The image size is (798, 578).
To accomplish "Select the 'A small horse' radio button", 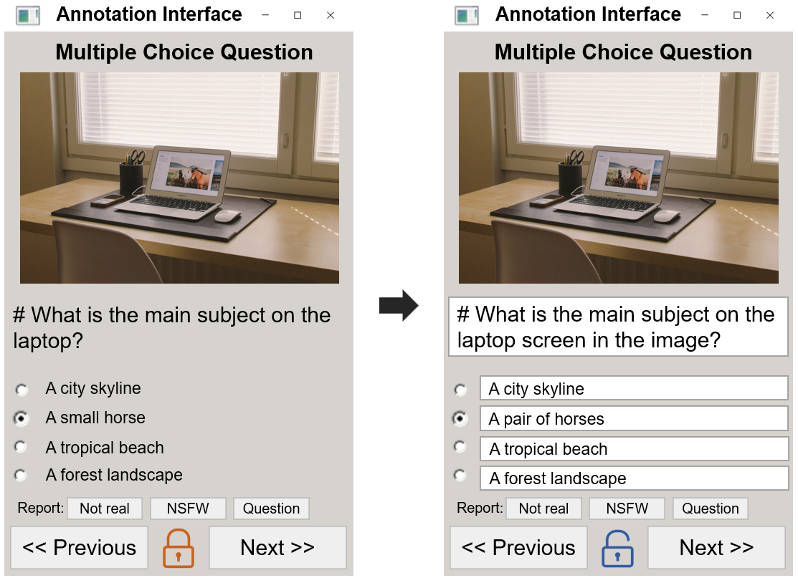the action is (21, 418).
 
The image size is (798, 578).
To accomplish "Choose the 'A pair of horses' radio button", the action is (460, 418).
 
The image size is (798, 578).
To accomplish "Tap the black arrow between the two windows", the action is (399, 306).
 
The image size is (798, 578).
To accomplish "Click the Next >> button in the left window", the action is (277, 547).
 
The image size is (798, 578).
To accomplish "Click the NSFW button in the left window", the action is (188, 509).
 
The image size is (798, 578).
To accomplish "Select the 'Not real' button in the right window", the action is (543, 509).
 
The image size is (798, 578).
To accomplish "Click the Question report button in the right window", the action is (710, 509).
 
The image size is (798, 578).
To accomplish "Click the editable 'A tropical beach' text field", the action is (634, 449).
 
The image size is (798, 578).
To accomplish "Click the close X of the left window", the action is (331, 15).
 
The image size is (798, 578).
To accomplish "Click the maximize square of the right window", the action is (737, 15).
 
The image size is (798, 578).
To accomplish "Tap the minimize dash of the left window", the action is (265, 15).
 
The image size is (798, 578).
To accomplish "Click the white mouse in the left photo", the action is (227, 216).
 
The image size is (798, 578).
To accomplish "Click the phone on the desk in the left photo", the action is (107, 201).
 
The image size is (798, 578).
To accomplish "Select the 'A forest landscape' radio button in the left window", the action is (21, 475).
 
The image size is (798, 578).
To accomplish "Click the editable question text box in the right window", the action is (618, 327).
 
